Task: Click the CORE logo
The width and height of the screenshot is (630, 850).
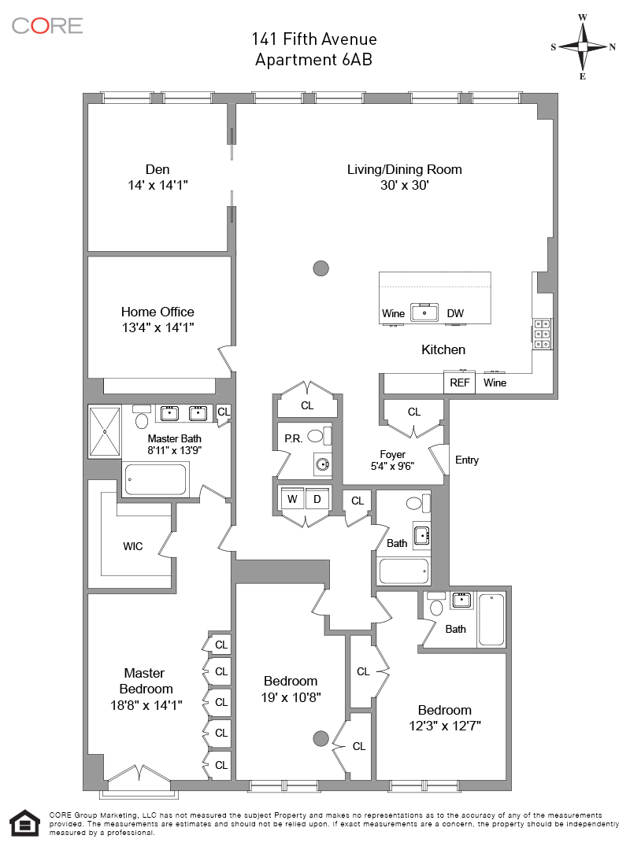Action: click(x=47, y=25)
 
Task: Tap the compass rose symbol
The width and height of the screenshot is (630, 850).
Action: click(x=583, y=46)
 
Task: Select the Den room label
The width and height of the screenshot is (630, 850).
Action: click(x=157, y=169)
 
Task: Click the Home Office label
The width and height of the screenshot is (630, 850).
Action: click(x=157, y=312)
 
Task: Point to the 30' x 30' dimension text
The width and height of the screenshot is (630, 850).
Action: click(x=405, y=186)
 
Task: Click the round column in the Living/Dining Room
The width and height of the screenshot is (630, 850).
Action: click(x=321, y=268)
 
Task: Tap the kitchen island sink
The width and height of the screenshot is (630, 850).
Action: click(x=425, y=312)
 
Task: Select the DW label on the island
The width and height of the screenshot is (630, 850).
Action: click(x=455, y=313)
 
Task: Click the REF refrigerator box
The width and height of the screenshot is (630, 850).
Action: click(x=459, y=382)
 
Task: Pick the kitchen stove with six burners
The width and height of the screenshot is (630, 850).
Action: click(x=542, y=334)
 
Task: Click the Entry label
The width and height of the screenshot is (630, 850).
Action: click(x=467, y=460)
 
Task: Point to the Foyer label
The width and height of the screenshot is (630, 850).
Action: click(x=392, y=454)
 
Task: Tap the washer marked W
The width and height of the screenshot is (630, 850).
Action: click(x=292, y=499)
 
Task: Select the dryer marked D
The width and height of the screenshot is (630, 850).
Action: click(x=317, y=499)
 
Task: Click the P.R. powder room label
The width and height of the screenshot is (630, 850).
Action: click(x=293, y=438)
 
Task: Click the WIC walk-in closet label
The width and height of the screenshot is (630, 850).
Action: click(x=133, y=546)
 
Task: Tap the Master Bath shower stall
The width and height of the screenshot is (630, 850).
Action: click(x=104, y=431)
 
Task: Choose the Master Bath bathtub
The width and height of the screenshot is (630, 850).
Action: click(x=156, y=479)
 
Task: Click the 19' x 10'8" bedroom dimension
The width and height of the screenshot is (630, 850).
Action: click(x=291, y=697)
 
